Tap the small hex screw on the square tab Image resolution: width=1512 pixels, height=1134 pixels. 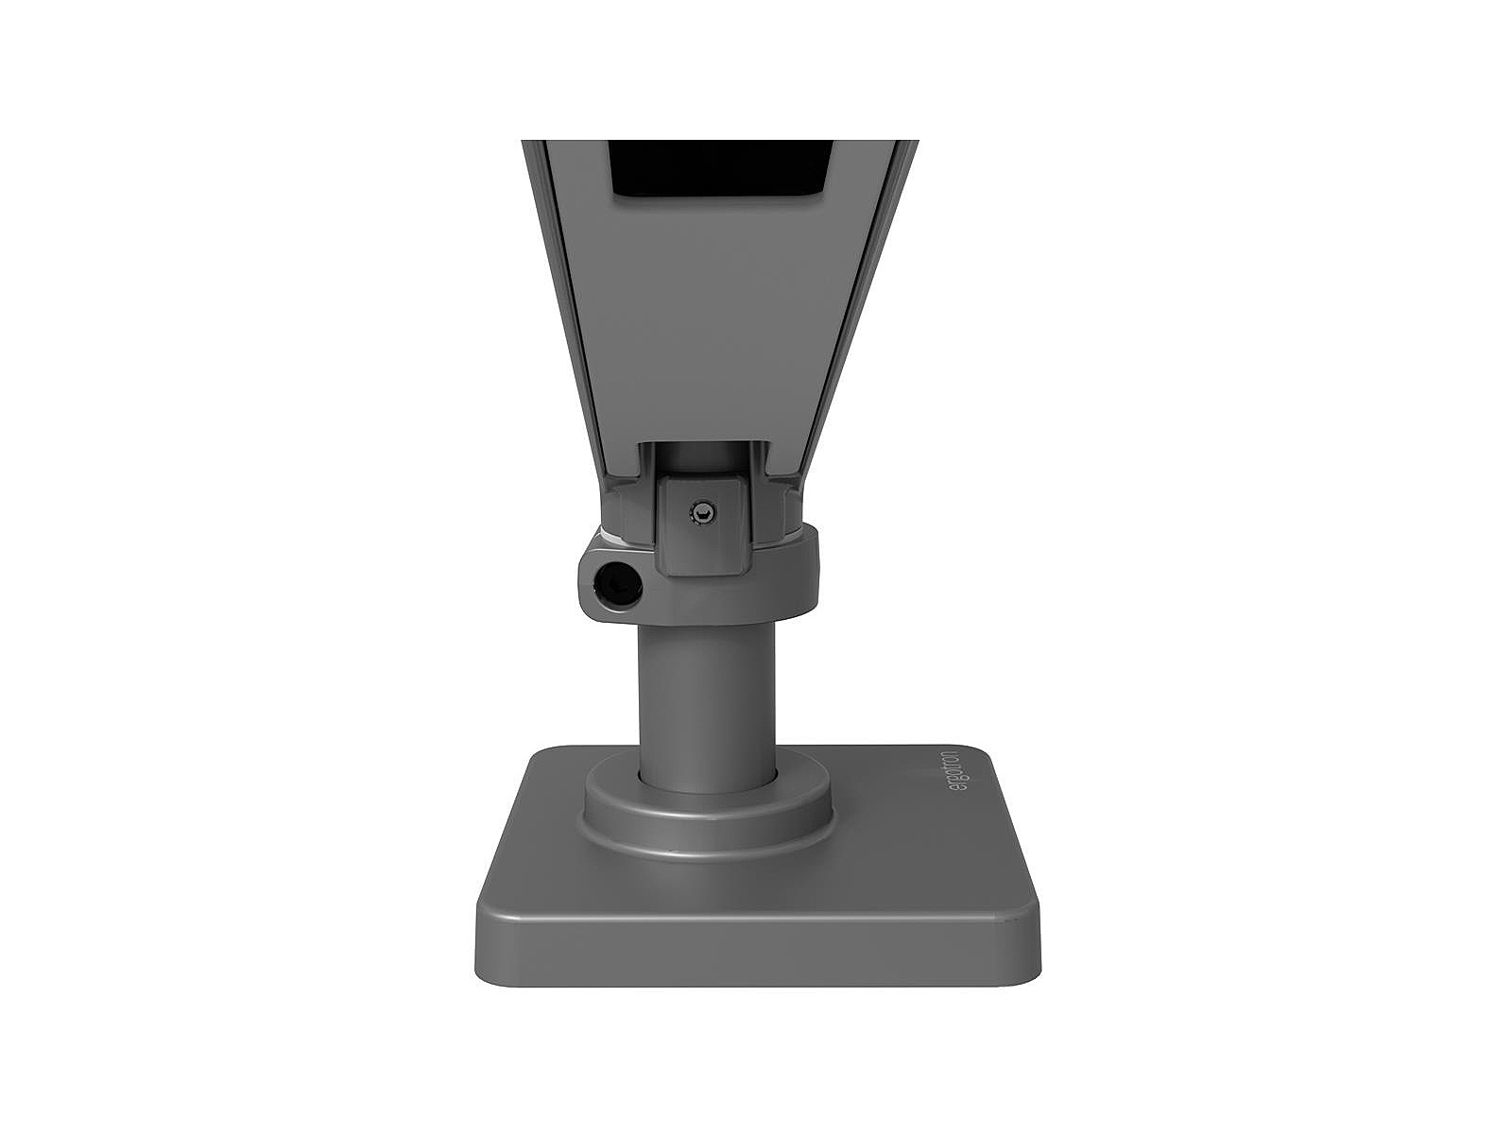703,509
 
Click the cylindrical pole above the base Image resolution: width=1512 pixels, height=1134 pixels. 707,696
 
